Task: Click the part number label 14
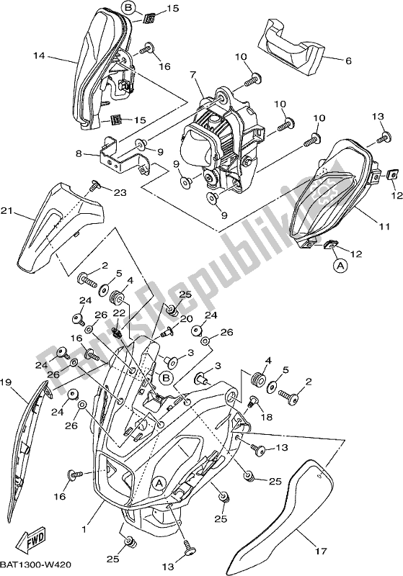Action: [39, 55]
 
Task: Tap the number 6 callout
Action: [348, 61]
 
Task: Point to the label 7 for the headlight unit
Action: [193, 75]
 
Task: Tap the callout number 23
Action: [119, 192]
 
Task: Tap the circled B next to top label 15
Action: [128, 9]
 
